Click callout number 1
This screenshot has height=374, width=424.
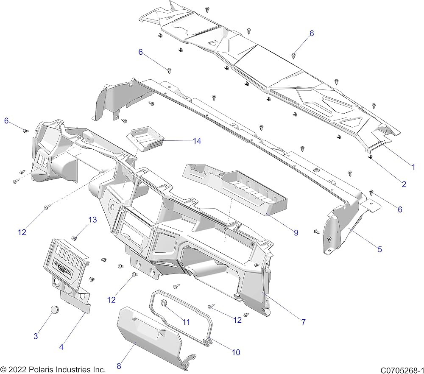tap(413, 167)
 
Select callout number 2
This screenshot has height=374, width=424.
tap(404, 184)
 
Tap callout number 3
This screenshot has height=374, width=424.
tap(36, 336)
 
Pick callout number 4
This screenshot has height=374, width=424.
tap(61, 347)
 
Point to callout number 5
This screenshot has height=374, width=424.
tap(379, 249)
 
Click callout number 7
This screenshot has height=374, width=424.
tap(304, 322)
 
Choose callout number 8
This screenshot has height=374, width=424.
tap(119, 366)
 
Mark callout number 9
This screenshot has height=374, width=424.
tap(296, 232)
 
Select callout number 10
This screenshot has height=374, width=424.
tap(236, 352)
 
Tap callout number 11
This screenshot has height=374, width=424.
tap(186, 322)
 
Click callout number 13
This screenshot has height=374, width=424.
tap(92, 220)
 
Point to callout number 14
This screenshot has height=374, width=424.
tap(197, 141)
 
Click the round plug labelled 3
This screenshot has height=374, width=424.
tap(55, 309)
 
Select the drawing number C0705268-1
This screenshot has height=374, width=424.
tap(402, 370)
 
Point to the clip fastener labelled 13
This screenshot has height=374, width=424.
tap(74, 238)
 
